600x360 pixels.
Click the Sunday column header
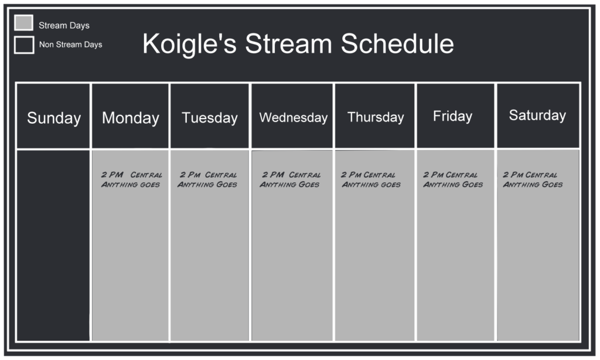(53, 117)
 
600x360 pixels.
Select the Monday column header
(130, 117)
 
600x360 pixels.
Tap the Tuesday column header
(210, 117)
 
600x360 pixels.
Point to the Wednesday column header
(293, 117)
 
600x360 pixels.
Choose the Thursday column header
(375, 117)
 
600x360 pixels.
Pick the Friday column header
(452, 116)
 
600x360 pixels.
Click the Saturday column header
(537, 115)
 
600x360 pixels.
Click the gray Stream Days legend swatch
(23, 23)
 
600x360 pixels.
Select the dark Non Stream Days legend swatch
(24, 45)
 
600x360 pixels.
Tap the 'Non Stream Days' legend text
(70, 45)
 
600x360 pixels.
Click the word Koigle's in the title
(189, 44)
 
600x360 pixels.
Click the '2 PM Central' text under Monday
(131, 175)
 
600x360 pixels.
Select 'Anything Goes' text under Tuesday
(207, 185)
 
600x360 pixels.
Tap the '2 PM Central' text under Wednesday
(291, 175)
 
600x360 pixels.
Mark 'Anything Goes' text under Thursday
(371, 185)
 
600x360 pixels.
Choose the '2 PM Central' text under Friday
(451, 175)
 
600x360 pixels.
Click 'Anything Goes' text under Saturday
(533, 185)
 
